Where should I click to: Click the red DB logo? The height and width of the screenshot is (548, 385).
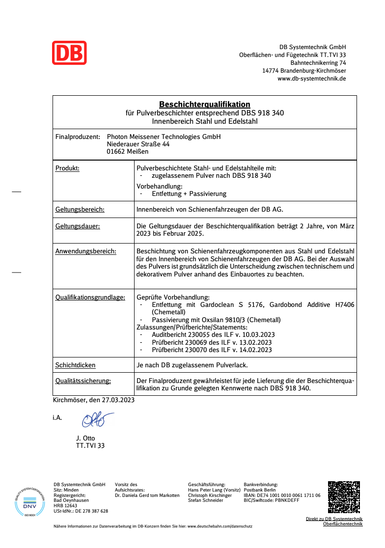(69, 53)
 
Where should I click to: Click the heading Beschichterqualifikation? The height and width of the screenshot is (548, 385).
(204, 104)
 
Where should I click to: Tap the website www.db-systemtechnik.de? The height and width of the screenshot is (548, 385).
(311, 78)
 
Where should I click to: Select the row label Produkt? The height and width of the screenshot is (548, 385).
(67, 168)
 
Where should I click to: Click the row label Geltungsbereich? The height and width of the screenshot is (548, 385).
(80, 210)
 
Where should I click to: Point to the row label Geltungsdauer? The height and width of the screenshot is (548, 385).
(78, 226)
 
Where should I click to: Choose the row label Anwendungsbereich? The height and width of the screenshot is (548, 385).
(85, 251)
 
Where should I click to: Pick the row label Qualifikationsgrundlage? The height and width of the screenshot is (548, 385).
(90, 298)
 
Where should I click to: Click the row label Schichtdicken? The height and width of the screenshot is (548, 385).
(75, 365)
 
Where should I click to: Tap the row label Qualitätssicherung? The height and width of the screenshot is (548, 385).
(82, 381)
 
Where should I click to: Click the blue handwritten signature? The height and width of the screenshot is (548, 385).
(97, 419)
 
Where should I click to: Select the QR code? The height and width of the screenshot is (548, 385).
(344, 497)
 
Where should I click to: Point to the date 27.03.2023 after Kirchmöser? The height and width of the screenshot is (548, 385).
(118, 400)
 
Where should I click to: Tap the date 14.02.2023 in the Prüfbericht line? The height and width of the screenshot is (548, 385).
(255, 350)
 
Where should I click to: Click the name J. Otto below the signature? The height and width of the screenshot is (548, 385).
(85, 438)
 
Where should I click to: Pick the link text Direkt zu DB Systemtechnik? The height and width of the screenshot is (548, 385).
(334, 519)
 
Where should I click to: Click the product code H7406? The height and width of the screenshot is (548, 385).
(344, 305)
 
